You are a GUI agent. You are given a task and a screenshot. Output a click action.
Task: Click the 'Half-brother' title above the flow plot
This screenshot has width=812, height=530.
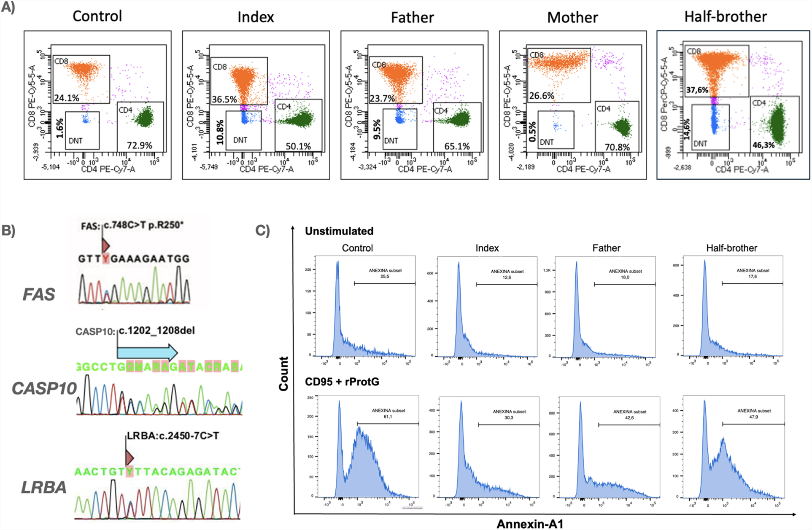pos(725,17)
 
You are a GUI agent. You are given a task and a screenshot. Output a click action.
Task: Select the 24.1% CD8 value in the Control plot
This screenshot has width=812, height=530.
pos(67,98)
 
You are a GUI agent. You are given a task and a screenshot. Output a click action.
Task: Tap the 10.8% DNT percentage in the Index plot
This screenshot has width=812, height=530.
pos(220,132)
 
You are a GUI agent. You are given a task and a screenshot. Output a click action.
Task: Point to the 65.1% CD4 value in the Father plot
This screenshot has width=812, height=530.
pos(457,146)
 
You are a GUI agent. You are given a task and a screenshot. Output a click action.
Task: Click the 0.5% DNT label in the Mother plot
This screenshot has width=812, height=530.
pos(532,132)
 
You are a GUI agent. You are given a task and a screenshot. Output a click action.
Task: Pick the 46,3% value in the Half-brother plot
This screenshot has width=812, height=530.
pos(763,145)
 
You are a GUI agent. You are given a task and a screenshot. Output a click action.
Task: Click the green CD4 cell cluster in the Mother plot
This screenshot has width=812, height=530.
pos(622,126)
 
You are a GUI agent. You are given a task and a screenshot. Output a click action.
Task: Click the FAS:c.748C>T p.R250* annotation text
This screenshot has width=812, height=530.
pos(132,226)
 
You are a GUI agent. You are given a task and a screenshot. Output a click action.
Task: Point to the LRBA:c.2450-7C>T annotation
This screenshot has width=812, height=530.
pos(173,436)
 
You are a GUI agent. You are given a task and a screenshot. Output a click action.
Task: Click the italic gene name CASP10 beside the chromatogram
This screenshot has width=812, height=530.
pos(44,388)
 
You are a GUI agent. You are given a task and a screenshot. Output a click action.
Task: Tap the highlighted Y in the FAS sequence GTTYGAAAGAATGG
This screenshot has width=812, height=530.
pos(105,258)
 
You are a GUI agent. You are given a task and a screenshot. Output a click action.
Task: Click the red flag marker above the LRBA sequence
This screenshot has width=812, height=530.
pos(129,457)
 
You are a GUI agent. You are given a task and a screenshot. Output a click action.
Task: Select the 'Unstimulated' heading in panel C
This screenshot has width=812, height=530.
pos(339,231)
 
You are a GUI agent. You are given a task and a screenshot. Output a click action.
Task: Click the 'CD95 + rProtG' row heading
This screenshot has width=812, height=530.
pos(342,382)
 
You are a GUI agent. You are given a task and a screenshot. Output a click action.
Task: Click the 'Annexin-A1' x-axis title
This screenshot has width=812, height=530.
pos(529,524)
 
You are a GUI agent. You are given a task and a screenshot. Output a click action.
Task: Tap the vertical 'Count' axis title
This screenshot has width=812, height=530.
pos(283,374)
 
